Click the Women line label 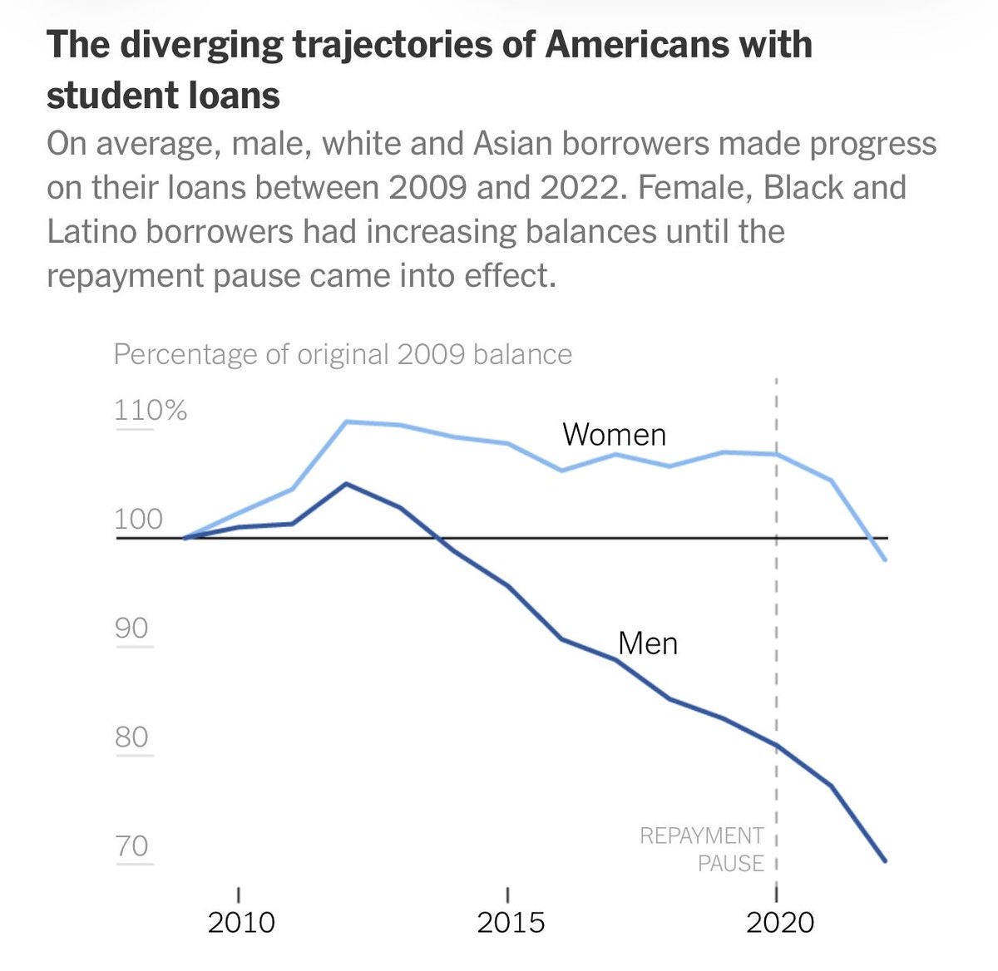click(614, 435)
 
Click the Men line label click(648, 643)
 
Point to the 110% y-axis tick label click(151, 410)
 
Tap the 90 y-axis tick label click(131, 628)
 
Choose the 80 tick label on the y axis click(131, 737)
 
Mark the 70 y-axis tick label click(131, 846)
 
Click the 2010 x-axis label click(241, 923)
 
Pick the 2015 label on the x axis click(511, 923)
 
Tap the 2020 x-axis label click(779, 923)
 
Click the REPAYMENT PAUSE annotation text click(702, 850)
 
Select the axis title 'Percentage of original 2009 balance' click(343, 355)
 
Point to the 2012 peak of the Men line click(347, 484)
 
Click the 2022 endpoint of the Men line click(885, 860)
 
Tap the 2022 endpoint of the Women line click(885, 559)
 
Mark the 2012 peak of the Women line click(347, 422)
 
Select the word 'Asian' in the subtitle click(513, 144)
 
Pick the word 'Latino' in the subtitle click(91, 232)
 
